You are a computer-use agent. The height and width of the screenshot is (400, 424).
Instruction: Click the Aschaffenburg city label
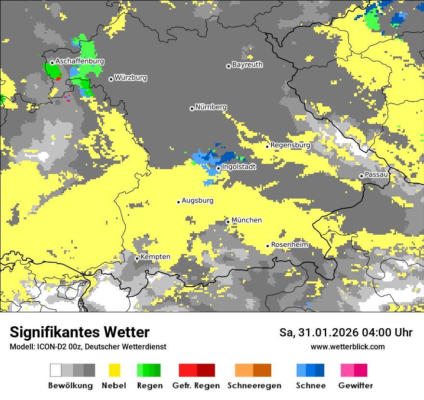point(79,61)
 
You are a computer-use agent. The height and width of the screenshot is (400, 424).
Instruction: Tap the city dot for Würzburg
point(111,79)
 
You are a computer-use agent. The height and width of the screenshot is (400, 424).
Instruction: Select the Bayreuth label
point(247,64)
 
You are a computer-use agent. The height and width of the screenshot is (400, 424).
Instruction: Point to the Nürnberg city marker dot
point(192,108)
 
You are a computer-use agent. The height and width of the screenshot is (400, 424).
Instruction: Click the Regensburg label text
point(290,145)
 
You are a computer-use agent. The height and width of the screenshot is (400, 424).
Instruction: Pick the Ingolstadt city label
point(238,167)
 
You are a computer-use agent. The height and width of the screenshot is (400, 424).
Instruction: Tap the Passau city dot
point(361,176)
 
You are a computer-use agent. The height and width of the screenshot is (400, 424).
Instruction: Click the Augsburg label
point(197,200)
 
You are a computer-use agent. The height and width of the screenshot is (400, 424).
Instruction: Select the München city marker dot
point(228,222)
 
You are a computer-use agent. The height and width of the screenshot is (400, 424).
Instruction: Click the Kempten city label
point(155,256)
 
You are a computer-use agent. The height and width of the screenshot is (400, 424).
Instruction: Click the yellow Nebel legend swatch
point(115,370)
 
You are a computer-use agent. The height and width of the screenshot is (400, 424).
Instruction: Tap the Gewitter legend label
point(355,386)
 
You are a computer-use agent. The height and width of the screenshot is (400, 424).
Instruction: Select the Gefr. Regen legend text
point(196,386)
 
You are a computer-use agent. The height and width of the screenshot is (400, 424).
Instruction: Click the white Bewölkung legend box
point(56,370)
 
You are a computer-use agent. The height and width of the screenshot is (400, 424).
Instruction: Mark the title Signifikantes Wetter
point(79,332)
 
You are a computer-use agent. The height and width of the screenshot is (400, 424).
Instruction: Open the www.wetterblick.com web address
point(347,347)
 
